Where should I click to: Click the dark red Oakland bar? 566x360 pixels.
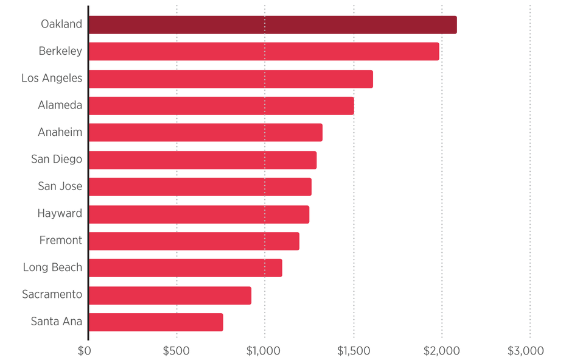[x=272, y=25]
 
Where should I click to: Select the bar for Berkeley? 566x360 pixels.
[x=264, y=52]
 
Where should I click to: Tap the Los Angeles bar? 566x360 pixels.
[x=231, y=79]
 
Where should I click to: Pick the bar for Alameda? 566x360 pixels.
[x=221, y=106]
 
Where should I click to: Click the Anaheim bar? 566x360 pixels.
[x=205, y=133]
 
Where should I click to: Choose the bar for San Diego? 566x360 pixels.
[x=202, y=160]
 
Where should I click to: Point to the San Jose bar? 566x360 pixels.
[x=200, y=187]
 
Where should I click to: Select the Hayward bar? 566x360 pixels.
[x=198, y=214]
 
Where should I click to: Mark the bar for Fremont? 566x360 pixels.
[x=194, y=241]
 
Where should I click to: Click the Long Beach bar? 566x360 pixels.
[x=185, y=268]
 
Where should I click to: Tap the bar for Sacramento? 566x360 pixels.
[x=170, y=295]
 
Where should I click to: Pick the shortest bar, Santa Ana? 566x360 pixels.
[x=155, y=322]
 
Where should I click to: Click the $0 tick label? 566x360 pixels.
[x=85, y=351]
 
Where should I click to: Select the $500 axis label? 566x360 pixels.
[x=176, y=351]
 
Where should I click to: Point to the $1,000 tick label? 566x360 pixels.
[x=265, y=351]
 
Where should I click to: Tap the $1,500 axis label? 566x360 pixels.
[x=354, y=351]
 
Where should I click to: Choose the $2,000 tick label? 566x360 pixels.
[x=442, y=351]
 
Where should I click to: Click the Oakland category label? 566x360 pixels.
[x=61, y=24]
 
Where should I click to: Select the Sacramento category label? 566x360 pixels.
[x=52, y=294]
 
